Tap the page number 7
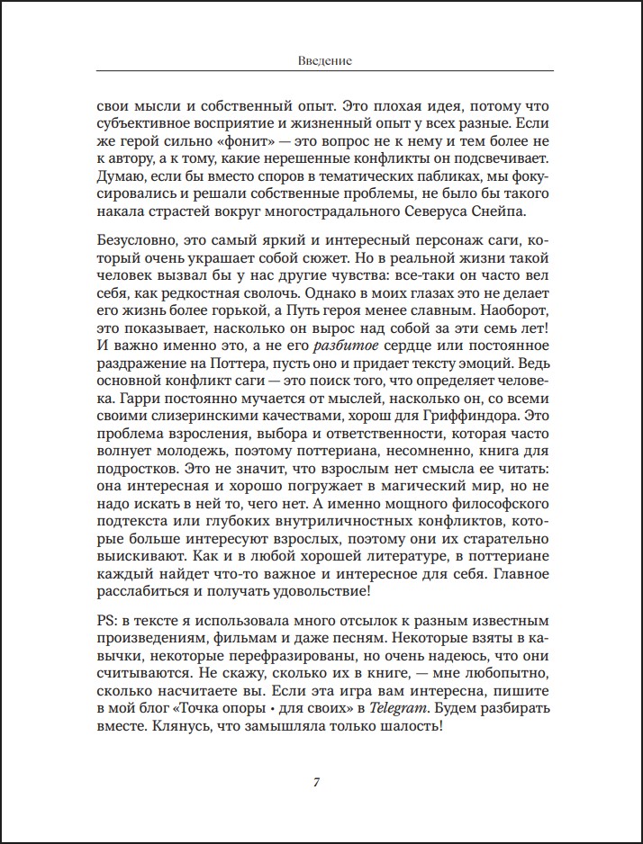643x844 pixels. (316, 781)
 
